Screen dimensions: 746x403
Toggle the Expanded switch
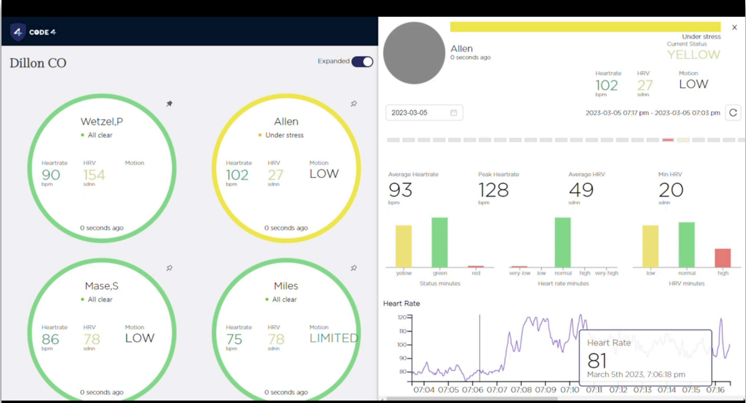[x=362, y=61]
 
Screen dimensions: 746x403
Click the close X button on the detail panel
[x=734, y=27]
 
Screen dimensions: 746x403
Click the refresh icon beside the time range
[x=733, y=112]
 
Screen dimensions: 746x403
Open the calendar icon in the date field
[x=454, y=112]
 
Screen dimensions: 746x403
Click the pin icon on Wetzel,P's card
[x=169, y=104]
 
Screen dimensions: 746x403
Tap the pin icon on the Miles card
[x=353, y=268]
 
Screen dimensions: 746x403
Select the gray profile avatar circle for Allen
[x=414, y=53]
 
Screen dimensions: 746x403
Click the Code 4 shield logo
[x=18, y=32]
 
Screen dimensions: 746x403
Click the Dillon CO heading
[x=38, y=63]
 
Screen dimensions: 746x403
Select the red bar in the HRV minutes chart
[x=723, y=258]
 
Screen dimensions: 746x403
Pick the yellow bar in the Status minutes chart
[x=403, y=246]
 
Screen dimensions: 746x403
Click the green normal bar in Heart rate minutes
[x=563, y=242]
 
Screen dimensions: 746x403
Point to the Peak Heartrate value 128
[x=493, y=190]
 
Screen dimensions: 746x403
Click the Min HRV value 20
[x=671, y=190]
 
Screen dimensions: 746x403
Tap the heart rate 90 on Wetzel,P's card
[x=51, y=175]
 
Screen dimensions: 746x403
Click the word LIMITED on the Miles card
[x=334, y=338]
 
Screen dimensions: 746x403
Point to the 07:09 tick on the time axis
[x=545, y=390]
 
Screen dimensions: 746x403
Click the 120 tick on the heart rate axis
[x=402, y=317]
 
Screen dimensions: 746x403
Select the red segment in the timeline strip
[x=668, y=140]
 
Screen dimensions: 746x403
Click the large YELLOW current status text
[x=693, y=55]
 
